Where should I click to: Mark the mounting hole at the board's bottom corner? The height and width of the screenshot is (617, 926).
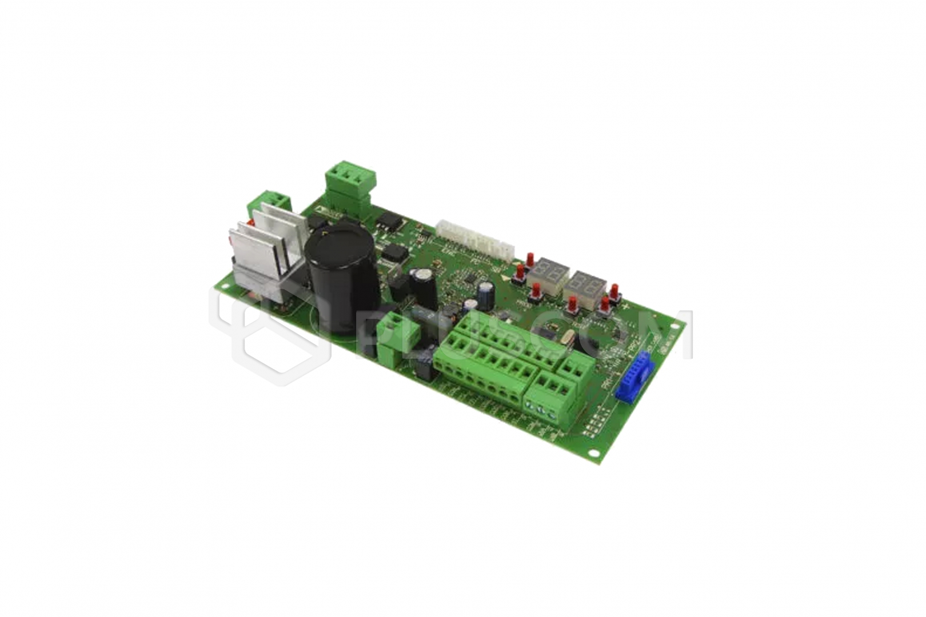[595, 454]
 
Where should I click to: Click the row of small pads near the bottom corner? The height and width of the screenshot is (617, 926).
[594, 423]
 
